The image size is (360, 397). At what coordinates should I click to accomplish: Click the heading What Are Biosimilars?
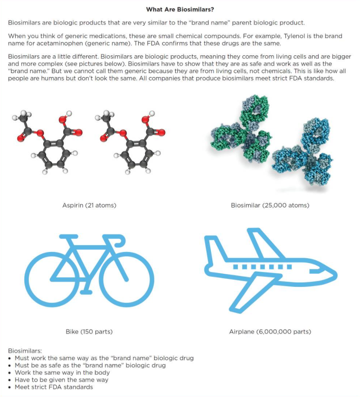pos(180,9)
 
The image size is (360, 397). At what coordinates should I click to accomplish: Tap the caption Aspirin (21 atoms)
pos(89,205)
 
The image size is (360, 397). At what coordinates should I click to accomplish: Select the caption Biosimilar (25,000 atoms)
pos(270,205)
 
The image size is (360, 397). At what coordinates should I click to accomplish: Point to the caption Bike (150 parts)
pos(89,332)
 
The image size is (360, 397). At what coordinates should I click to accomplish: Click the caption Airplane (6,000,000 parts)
pos(270,332)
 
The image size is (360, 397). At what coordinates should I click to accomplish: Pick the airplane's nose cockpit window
pos(323,271)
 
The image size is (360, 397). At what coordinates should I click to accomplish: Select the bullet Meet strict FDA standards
pos(54,387)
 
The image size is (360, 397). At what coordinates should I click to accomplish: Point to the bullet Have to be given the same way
pos(61,380)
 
